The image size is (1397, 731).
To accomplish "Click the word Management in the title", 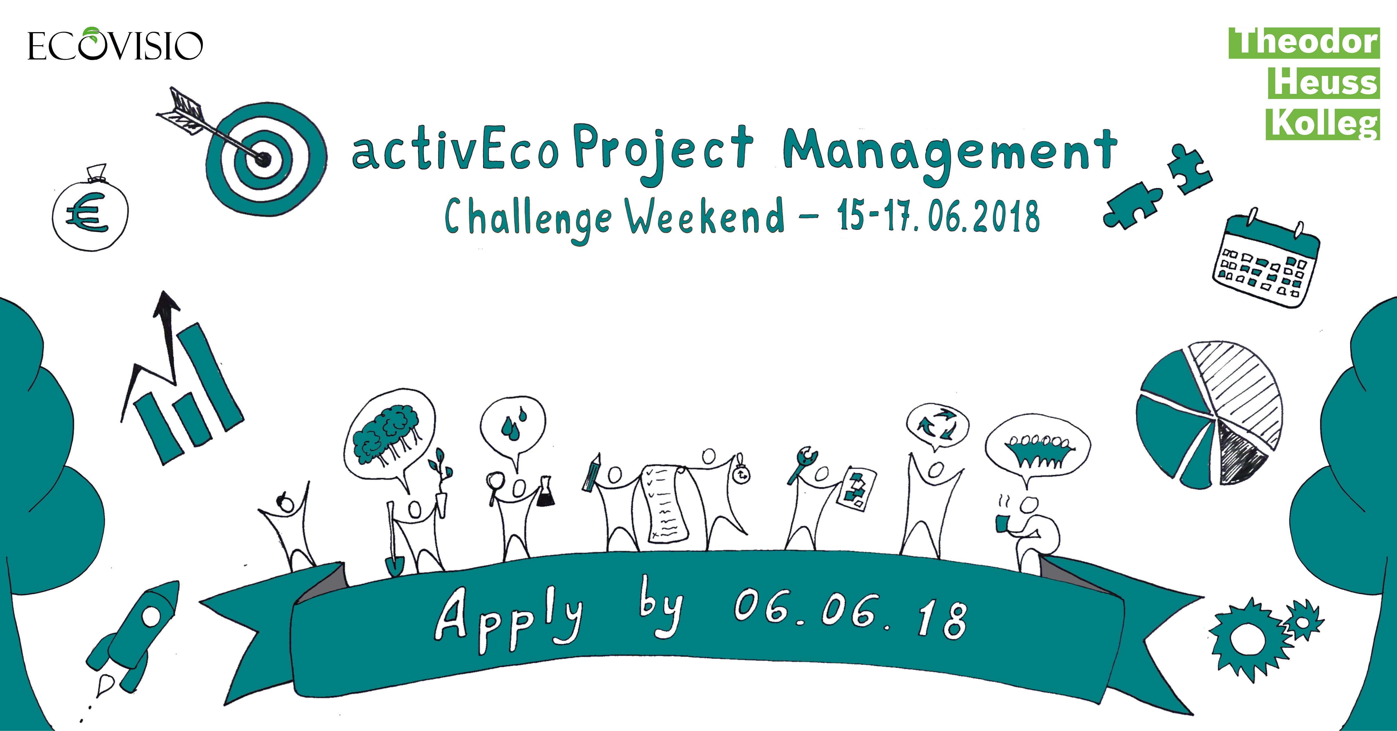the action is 950,153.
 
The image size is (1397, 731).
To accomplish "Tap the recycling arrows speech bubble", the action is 938,426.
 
